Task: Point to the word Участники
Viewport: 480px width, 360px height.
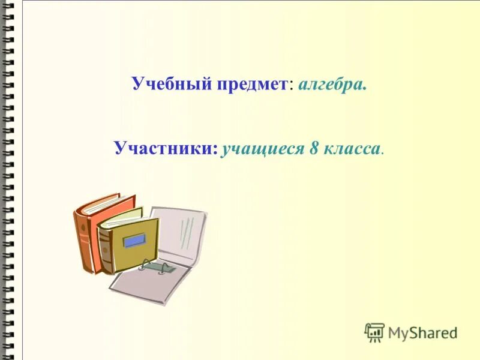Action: tap(166, 148)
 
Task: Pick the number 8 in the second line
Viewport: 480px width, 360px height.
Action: tap(313, 148)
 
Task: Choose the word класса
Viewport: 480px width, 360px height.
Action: tap(352, 148)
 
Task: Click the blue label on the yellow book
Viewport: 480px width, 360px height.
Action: tap(134, 240)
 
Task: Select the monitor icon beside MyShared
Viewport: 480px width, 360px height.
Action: tap(374, 332)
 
